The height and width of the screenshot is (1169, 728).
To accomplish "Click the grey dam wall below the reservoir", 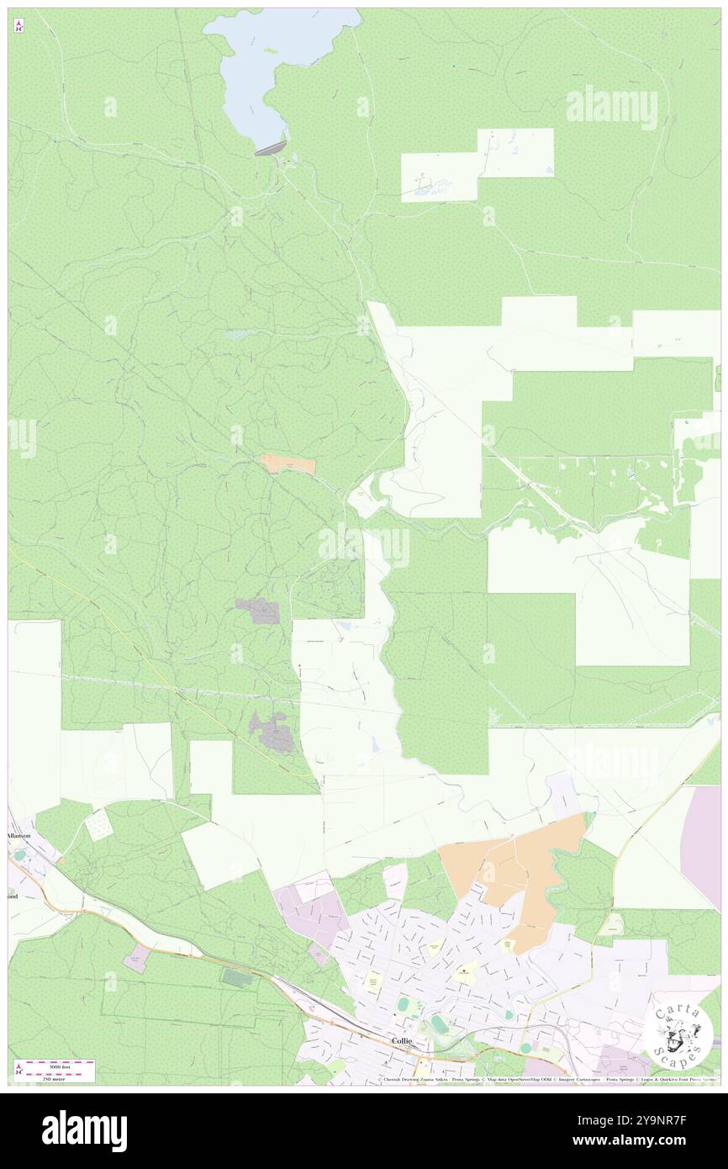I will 270,147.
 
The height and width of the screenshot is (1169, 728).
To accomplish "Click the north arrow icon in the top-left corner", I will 18,25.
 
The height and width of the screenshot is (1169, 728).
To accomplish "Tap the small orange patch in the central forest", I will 288,464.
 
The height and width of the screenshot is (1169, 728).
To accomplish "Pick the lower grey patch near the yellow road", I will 272,732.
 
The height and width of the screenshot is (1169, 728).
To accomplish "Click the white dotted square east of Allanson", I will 99,824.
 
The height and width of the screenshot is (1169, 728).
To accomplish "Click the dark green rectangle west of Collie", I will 237,978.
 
